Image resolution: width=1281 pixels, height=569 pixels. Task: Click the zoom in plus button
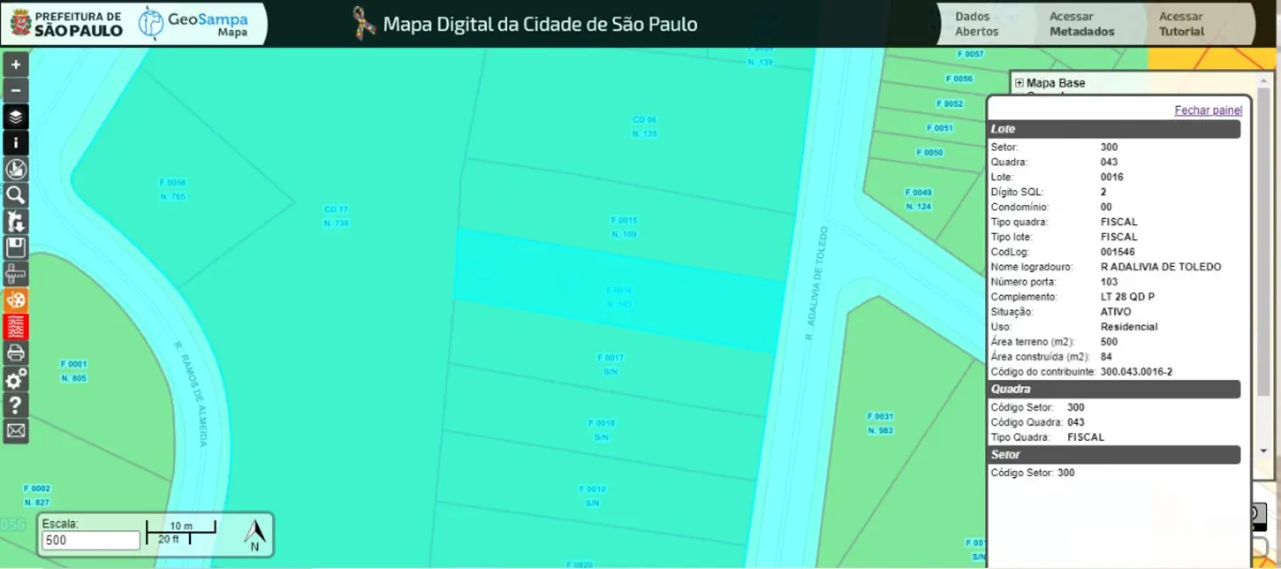[16, 65]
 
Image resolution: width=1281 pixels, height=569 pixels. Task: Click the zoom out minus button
[16, 91]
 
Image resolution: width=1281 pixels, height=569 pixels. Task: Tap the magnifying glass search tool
[16, 195]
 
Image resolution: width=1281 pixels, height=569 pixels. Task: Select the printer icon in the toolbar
[16, 353]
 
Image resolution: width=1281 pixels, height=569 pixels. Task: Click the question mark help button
[16, 405]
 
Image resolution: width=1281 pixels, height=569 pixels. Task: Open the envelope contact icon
[16, 431]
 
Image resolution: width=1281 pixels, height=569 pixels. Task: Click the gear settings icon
[16, 379]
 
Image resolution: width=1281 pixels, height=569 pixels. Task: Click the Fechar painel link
[1208, 110]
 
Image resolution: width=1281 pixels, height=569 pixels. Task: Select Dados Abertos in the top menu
[976, 24]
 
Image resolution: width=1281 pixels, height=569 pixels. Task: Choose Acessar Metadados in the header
[1081, 24]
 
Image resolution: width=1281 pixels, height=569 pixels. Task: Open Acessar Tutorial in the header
[1181, 24]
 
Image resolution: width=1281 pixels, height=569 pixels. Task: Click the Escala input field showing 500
[90, 540]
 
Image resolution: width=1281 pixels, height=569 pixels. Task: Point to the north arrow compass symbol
[255, 534]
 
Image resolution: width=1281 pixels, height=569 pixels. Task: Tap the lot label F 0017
[610, 358]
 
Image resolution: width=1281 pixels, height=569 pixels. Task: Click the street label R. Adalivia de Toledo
[816, 283]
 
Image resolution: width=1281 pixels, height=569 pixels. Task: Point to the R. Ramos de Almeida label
[190, 393]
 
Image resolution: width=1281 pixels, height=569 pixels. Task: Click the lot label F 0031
[879, 417]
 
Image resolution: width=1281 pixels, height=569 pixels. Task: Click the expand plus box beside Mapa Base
[1019, 83]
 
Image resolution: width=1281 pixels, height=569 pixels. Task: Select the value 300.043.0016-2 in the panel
[1136, 372]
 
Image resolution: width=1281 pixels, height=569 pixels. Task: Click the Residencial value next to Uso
[1129, 327]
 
